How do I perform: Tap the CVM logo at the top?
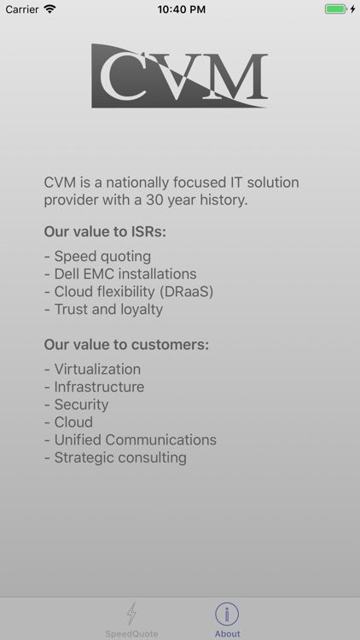tap(179, 76)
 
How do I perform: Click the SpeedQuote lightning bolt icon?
tap(131, 614)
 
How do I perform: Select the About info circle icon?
tap(227, 614)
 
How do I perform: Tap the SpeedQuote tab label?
tap(131, 634)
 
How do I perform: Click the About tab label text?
tap(227, 634)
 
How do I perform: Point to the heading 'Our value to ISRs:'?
tap(105, 231)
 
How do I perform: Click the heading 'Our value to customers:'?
tap(126, 345)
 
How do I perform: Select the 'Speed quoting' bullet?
tap(97, 256)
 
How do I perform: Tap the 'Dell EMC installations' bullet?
tap(120, 274)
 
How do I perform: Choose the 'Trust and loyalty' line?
tap(103, 309)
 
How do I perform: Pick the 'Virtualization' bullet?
tap(92, 369)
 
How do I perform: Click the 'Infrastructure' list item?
tap(94, 387)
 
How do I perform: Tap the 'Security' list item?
tap(76, 404)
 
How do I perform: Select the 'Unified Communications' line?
tap(130, 439)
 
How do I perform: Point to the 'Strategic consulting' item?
tap(115, 457)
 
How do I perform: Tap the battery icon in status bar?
tap(336, 9)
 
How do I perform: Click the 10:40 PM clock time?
tap(180, 9)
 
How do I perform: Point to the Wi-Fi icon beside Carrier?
tap(49, 9)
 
